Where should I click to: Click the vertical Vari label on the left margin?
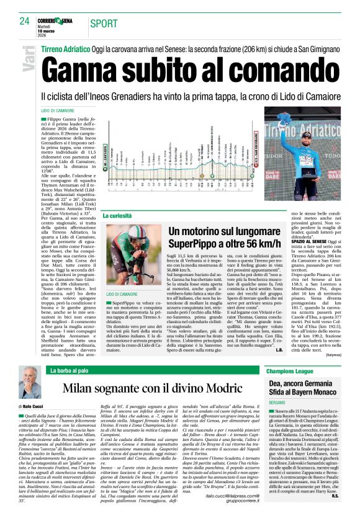click(x=28, y=60)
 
